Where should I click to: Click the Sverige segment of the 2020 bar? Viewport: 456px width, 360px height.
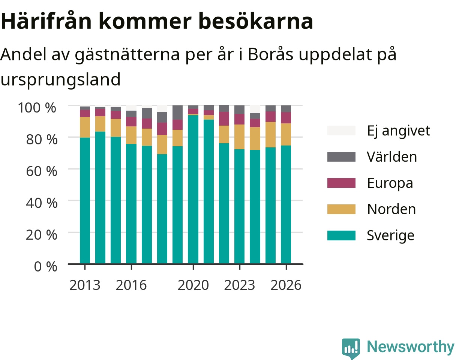click(193, 189)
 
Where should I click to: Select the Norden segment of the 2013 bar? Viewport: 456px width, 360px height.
click(85, 127)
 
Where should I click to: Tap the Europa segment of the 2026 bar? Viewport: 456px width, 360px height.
click(286, 118)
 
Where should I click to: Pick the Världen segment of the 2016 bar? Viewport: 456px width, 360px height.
click(131, 114)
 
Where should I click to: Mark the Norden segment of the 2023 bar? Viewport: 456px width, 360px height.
click(240, 137)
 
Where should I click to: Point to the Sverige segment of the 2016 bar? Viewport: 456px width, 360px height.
click(131, 204)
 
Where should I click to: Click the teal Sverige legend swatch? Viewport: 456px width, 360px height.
click(341, 235)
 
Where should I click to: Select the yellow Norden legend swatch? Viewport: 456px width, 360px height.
click(341, 209)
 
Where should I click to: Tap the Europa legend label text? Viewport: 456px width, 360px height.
click(390, 183)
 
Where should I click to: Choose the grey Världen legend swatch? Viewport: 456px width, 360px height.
click(341, 157)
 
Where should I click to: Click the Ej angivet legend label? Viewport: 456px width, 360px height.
click(399, 131)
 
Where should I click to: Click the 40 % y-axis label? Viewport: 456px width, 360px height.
click(42, 203)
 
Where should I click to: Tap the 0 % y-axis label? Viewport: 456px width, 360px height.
click(45, 266)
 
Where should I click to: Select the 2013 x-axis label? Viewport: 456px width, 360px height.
click(85, 285)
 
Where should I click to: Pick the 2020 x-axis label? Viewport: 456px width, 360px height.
click(193, 285)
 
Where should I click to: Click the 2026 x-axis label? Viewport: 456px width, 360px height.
click(286, 285)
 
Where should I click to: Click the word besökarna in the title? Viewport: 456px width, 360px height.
click(255, 21)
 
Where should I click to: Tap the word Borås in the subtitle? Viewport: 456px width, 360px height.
click(270, 54)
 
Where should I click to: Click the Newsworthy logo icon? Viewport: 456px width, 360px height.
click(351, 348)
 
